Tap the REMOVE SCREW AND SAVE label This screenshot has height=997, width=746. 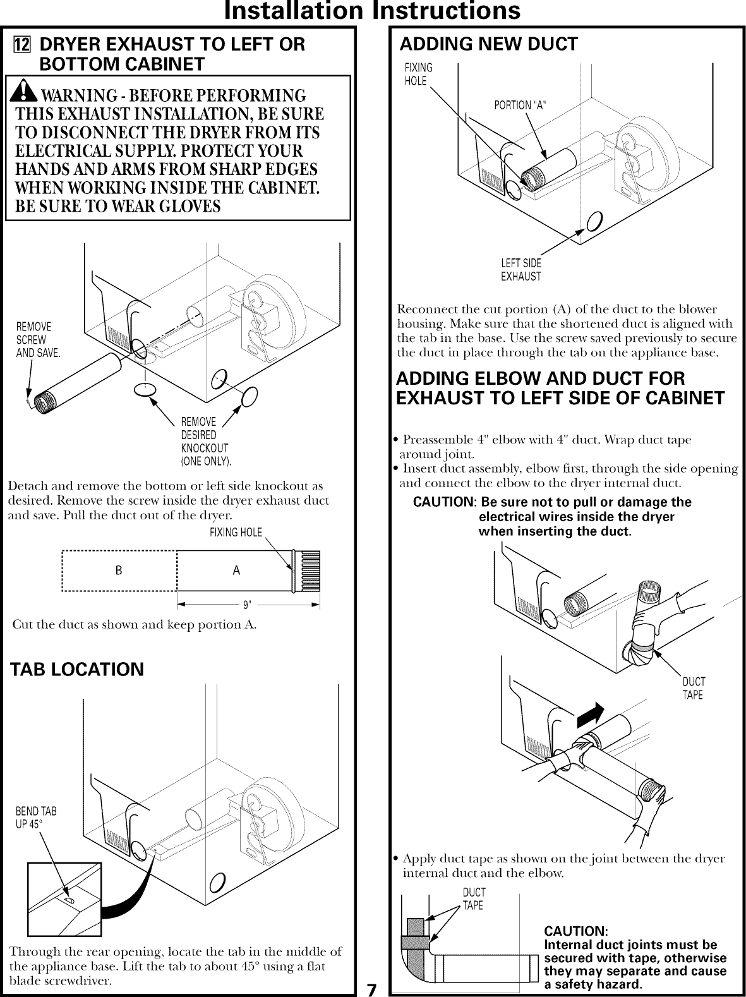point(37,340)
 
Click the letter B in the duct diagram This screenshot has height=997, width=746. point(119,570)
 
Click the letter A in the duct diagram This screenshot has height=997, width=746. point(236,570)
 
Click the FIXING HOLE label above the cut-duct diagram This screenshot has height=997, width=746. point(235,532)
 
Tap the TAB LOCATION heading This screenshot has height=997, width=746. point(77,669)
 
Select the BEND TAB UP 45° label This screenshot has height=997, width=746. point(36,818)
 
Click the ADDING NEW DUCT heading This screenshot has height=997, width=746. point(489,44)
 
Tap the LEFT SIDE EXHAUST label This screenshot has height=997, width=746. point(521,270)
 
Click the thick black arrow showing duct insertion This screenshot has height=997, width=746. point(590,715)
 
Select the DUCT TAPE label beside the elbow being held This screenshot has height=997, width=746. point(693,688)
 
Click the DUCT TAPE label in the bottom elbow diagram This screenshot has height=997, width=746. point(473,898)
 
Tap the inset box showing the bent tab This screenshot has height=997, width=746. point(64,899)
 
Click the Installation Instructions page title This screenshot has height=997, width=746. point(373,11)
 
